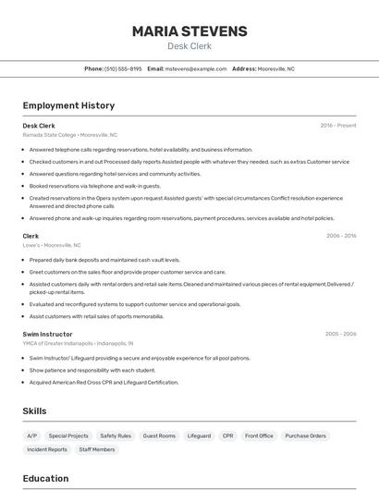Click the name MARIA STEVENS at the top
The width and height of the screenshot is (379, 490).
coord(189,31)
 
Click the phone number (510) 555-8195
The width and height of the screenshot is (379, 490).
coord(123,68)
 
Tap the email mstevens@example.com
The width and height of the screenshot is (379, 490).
coord(196,68)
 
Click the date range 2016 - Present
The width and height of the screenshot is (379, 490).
coord(338,125)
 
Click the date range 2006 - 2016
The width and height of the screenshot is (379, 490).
coord(341,236)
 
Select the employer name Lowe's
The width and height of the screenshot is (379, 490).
coord(31,245)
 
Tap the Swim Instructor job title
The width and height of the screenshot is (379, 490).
coord(48,333)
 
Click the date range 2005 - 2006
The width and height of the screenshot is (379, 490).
coord(340,333)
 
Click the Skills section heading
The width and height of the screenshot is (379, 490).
coord(35,410)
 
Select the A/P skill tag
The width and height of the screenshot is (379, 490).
coord(32,435)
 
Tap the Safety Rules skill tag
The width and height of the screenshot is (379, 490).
coord(116,435)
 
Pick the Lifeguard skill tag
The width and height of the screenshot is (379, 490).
coord(199,435)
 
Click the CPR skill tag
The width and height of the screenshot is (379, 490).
coord(227,435)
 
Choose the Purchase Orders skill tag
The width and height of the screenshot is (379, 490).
coord(305,435)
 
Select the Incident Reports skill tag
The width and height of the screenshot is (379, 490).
coord(47,449)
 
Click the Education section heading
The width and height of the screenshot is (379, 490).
coord(46,479)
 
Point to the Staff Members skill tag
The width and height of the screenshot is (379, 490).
coord(97,449)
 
